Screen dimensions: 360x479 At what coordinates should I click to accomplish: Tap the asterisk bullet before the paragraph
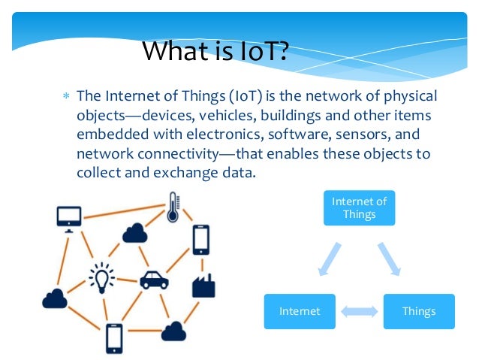pos(65,97)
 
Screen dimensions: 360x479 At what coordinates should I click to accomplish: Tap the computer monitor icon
pos(68,217)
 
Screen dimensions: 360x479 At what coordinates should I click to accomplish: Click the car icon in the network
pos(155,280)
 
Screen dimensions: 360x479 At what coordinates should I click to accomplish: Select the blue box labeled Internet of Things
pos(360,208)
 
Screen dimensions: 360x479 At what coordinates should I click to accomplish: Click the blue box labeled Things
pos(419,310)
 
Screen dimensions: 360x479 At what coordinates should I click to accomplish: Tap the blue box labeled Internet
pos(300,310)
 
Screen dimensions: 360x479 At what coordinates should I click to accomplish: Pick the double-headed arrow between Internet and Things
pos(360,310)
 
